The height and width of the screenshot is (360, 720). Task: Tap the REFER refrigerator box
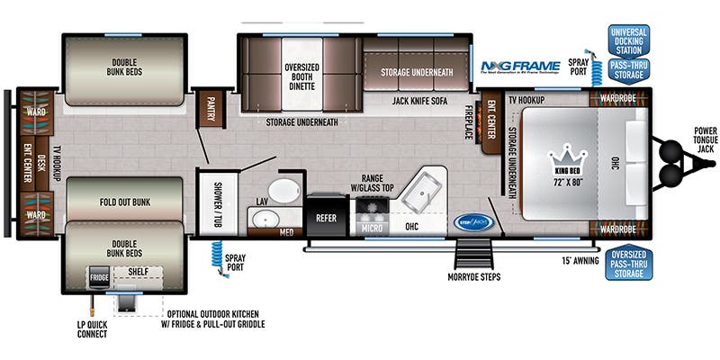(x=325, y=218)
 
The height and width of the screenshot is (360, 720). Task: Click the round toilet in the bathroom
(x=286, y=191)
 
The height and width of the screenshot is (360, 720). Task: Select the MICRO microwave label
(x=372, y=229)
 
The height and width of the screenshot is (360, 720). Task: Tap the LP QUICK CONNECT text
(x=92, y=328)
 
